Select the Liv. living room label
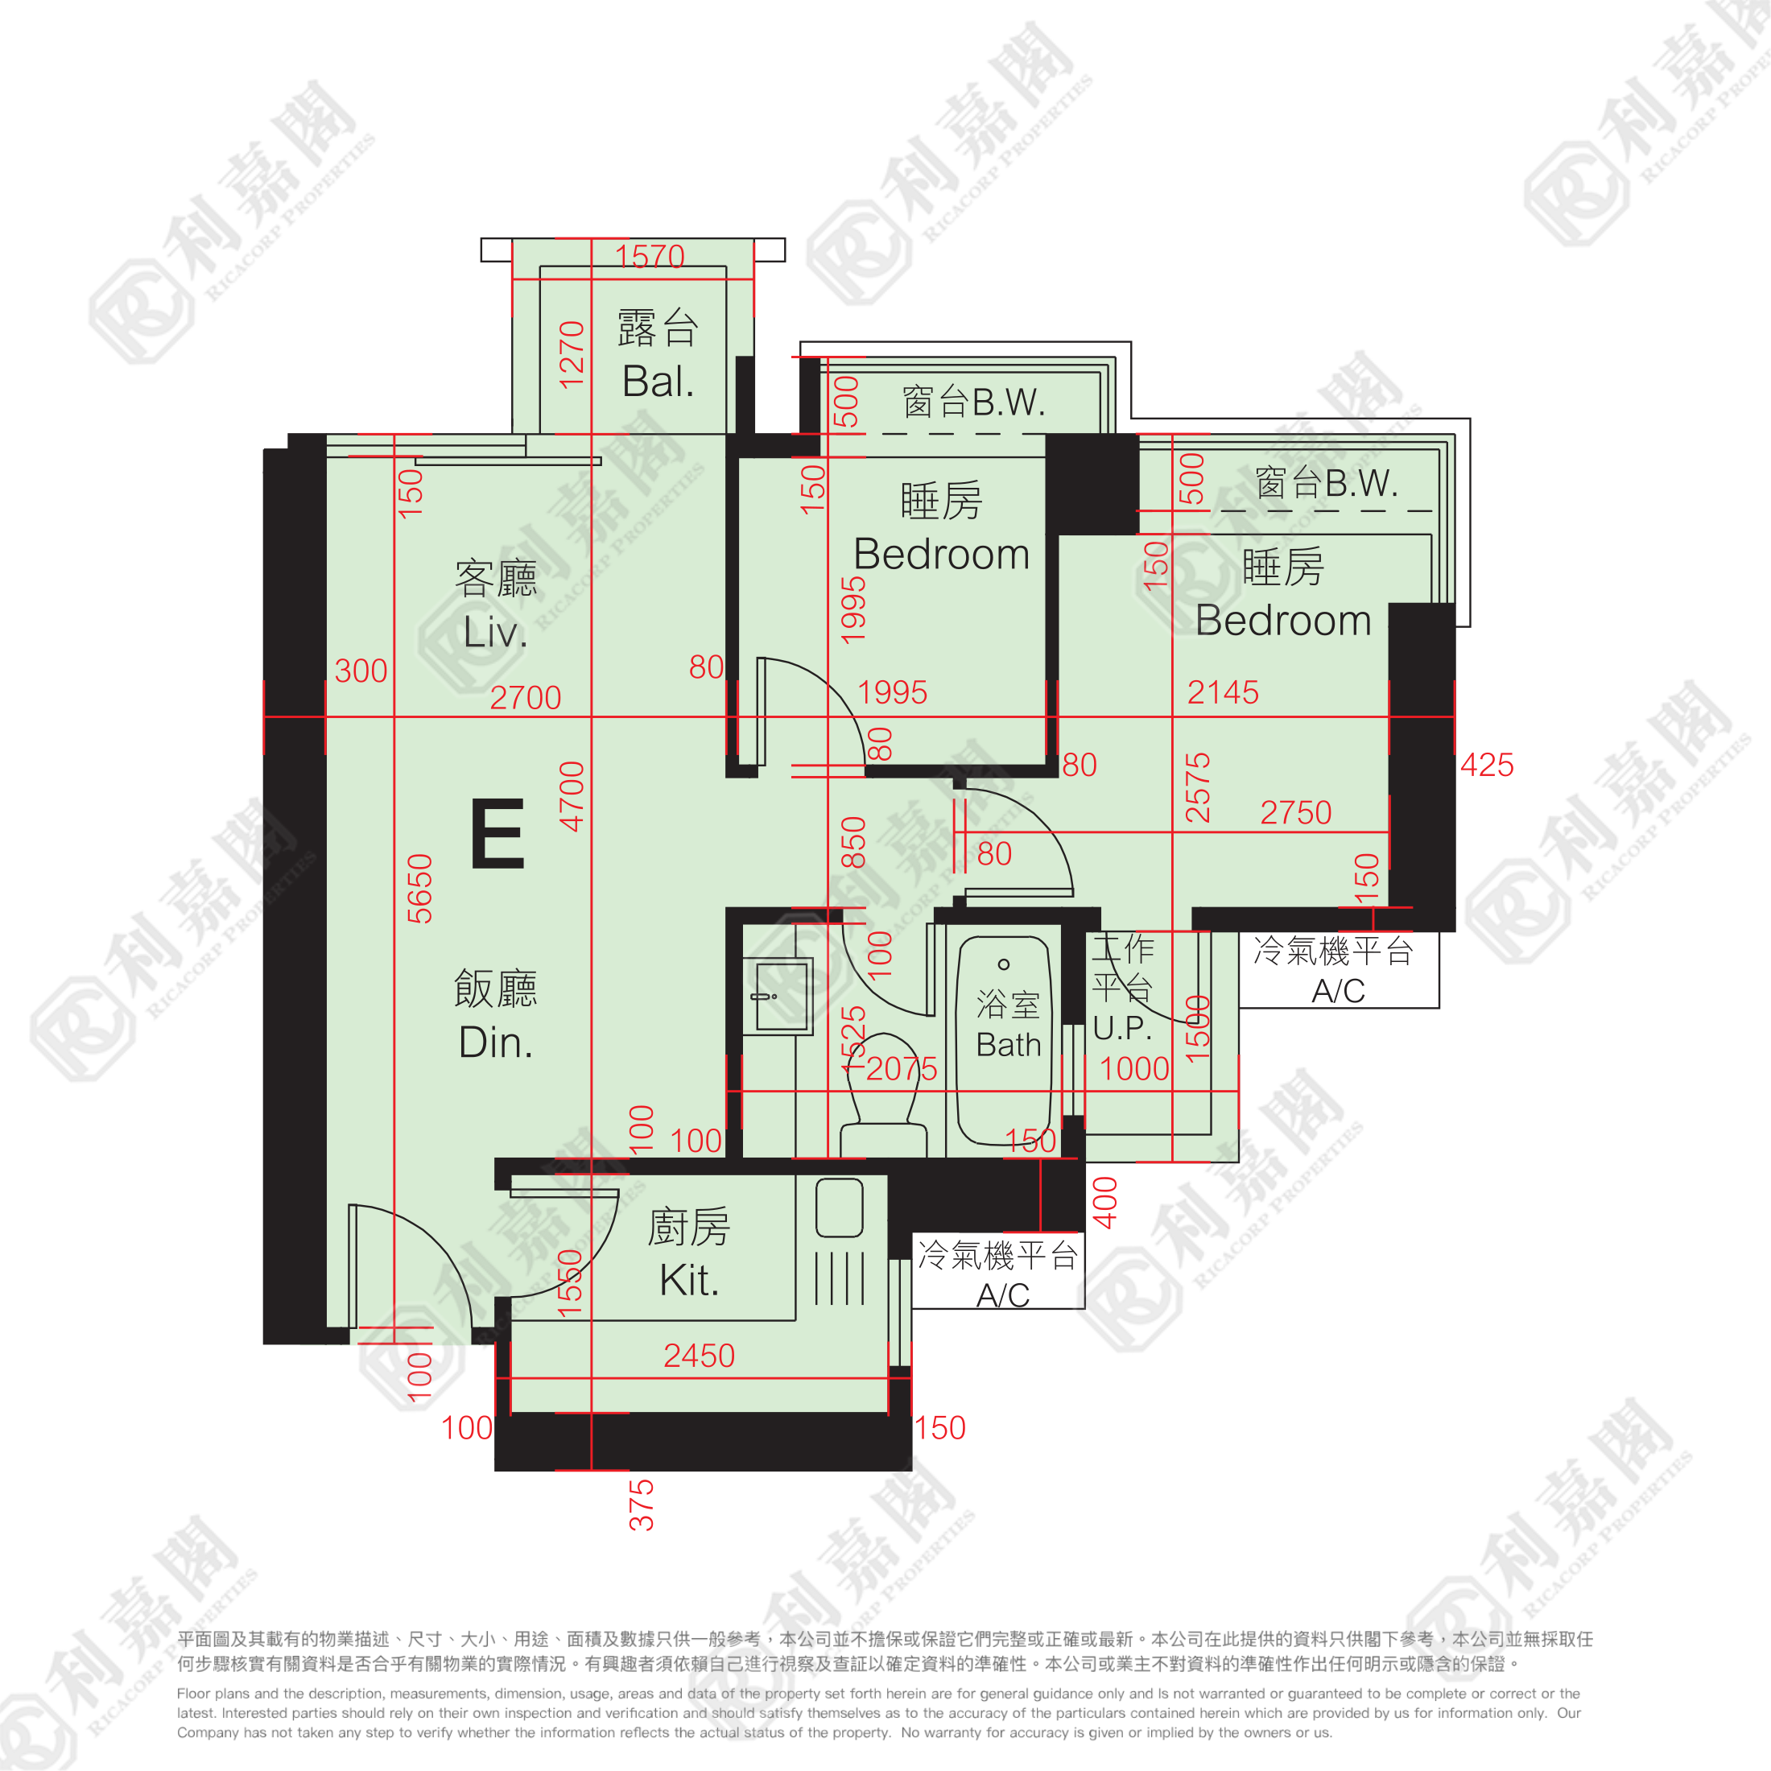point(495,633)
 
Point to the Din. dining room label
point(495,1043)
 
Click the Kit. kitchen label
point(688,1280)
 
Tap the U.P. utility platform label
point(1121,1028)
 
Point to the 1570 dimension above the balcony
point(649,256)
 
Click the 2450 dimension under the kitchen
point(699,1355)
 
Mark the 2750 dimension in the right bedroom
point(1294,812)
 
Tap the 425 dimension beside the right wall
point(1486,765)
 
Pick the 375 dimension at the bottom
point(642,1505)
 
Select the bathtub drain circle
point(1004,964)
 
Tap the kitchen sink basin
point(839,1207)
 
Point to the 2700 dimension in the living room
point(524,698)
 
